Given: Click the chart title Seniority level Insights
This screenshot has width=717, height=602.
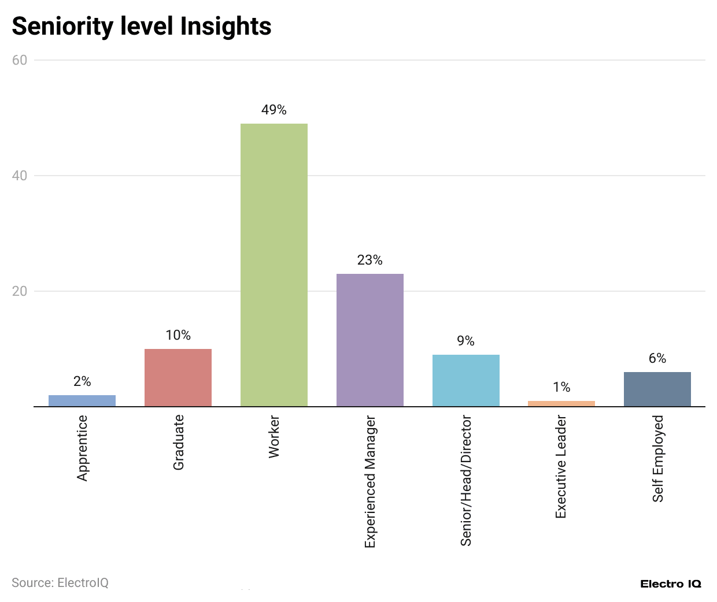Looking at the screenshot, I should (x=141, y=27).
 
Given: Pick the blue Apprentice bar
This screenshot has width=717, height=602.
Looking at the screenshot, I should (x=82, y=400).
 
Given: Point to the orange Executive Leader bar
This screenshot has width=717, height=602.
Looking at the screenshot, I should (x=561, y=403).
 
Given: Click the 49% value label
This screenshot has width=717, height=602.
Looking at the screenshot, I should (x=274, y=110).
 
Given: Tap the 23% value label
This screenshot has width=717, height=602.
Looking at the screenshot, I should (x=369, y=260).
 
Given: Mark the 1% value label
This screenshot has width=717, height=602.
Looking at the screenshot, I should (x=561, y=387).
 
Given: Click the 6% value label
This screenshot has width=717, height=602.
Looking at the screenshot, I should (x=657, y=358).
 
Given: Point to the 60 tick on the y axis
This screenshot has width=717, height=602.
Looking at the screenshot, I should (x=20, y=60).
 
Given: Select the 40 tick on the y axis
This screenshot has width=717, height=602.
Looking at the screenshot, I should (x=20, y=176).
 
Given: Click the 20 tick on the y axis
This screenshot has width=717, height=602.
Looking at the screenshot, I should (x=20, y=291).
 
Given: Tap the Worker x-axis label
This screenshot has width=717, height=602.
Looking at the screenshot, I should (x=274, y=437).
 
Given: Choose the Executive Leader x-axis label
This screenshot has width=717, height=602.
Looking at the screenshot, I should (x=561, y=466).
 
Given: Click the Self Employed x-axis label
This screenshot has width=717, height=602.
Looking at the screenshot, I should (x=657, y=459).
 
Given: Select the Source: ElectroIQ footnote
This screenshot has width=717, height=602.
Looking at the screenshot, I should (x=60, y=582).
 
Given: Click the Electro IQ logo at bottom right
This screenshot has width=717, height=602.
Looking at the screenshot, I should (x=670, y=584).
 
